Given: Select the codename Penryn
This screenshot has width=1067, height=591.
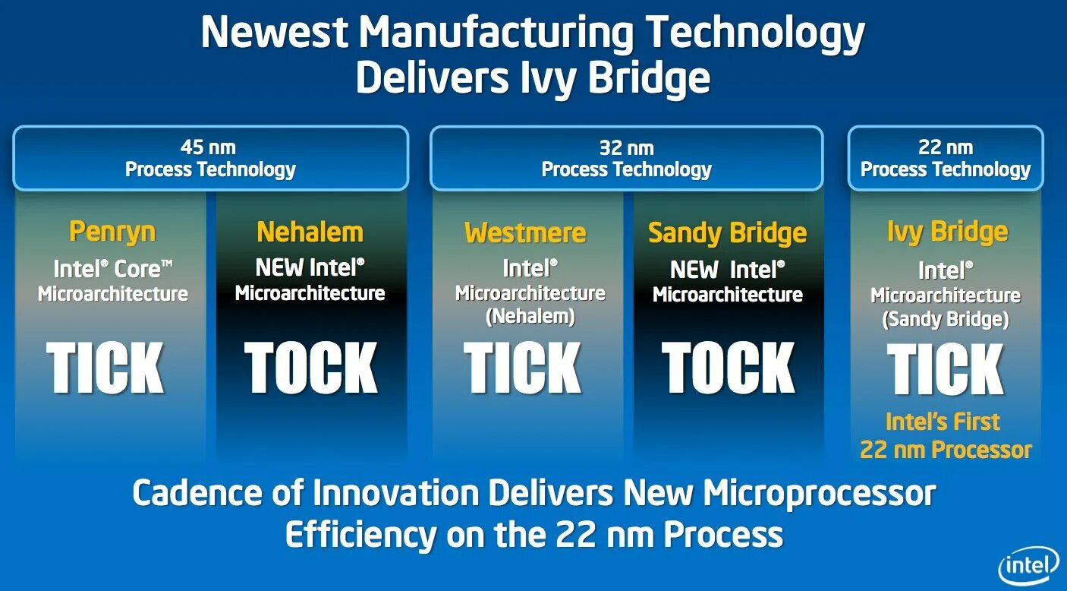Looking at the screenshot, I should pos(112,232).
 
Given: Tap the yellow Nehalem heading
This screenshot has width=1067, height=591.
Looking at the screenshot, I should pos(310,232).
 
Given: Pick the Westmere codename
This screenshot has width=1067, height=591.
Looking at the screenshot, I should pos(525,232).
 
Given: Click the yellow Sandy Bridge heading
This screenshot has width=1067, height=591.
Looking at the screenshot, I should pos(727,233).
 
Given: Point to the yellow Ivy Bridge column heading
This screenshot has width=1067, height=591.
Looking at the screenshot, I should pos(947,232).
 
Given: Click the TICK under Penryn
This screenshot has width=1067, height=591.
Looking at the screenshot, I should pos(105,368).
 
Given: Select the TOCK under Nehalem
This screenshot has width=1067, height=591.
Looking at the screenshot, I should pos(311,368).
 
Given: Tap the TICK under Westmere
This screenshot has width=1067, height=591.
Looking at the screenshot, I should pos(523,368).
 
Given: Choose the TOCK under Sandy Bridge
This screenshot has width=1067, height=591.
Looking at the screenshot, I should pos(729,368).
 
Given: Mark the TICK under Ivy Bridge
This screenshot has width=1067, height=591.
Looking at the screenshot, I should pos(946,370).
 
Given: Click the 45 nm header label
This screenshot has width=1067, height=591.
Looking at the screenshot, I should pos(208,147).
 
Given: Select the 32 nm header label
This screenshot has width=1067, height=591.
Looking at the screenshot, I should pos(626,148).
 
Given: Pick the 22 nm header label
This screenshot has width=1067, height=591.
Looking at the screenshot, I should pos(945,148).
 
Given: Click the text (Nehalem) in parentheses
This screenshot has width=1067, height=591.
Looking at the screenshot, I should pos(530,317).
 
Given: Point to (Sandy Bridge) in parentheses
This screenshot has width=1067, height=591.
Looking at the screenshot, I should pos(946,320).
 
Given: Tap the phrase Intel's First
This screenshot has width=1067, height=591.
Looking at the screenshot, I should pos(943,422).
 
